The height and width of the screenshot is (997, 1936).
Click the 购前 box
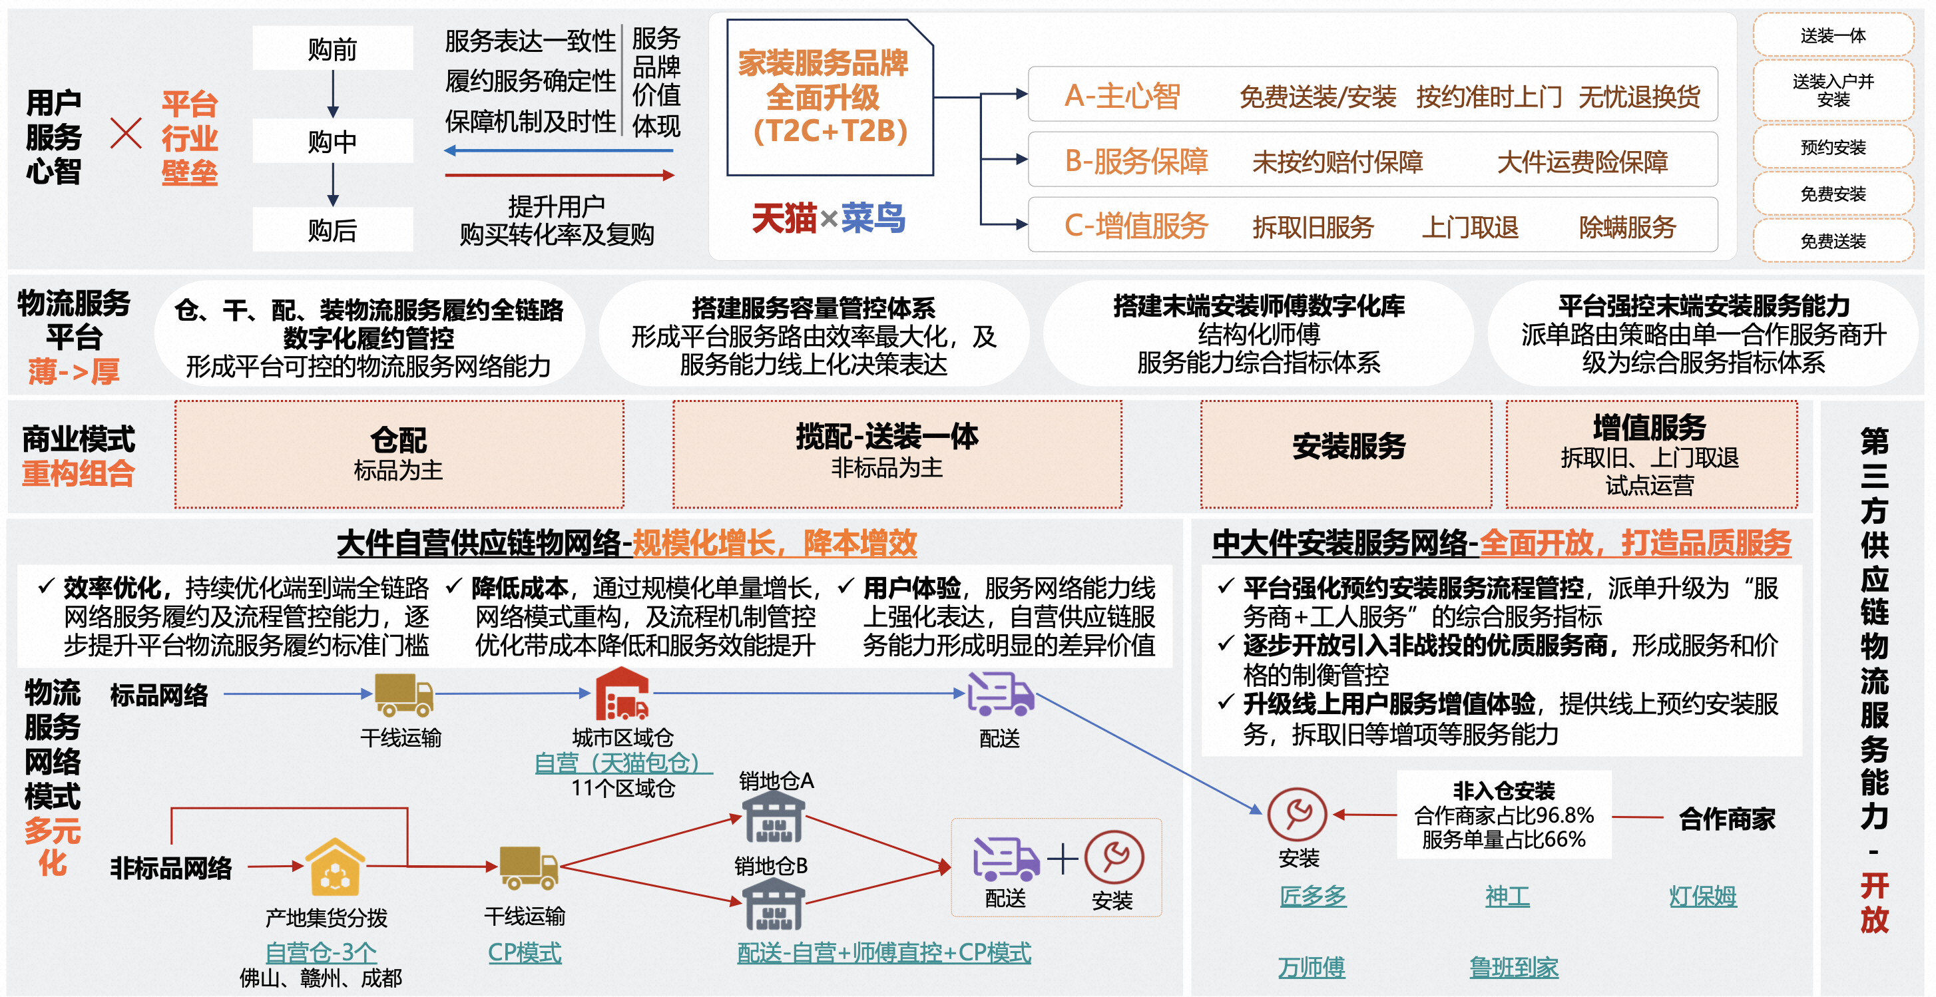(x=332, y=49)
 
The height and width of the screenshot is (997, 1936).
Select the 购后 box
(x=332, y=230)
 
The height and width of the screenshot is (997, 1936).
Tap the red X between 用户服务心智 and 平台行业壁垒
(x=126, y=134)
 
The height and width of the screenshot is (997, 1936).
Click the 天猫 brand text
(x=784, y=218)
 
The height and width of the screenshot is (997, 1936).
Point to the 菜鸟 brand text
(x=873, y=218)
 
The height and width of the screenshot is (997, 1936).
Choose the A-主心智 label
(x=1122, y=95)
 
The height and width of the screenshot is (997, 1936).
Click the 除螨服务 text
(x=1627, y=226)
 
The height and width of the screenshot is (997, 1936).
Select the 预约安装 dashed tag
(x=1832, y=147)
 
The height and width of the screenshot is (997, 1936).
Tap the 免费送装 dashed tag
(x=1832, y=240)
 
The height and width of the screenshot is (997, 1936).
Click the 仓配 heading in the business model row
(x=398, y=439)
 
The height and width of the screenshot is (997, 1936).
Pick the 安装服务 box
(x=1348, y=447)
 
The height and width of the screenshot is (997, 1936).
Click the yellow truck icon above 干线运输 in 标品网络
(x=403, y=695)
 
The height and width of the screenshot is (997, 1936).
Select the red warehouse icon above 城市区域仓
(x=622, y=695)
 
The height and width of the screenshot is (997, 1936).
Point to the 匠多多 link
(x=1312, y=896)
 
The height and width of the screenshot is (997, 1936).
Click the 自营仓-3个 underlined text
(x=321, y=952)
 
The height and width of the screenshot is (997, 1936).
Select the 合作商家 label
(x=1727, y=818)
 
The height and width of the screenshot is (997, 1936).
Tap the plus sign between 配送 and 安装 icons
(x=1062, y=859)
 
